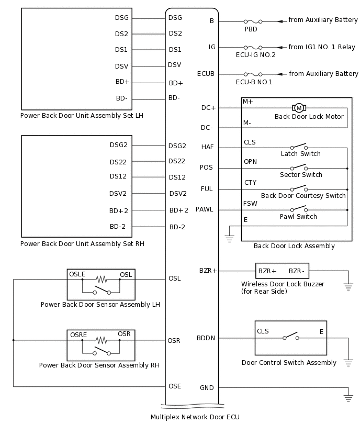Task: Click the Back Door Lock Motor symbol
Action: click(299, 108)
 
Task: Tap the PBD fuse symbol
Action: click(253, 21)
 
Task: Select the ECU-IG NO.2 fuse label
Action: click(255, 55)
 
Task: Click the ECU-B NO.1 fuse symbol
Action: click(253, 74)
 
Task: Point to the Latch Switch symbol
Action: click(299, 147)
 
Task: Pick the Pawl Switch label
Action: click(299, 217)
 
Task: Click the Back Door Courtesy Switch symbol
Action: click(299, 188)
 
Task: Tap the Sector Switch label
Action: click(301, 175)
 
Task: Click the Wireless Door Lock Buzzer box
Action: click(282, 271)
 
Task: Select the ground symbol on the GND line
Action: click(348, 397)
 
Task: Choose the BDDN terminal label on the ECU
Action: click(206, 338)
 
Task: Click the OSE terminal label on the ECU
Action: click(175, 386)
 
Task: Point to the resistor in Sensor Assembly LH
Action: click(101, 279)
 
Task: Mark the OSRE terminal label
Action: click(78, 334)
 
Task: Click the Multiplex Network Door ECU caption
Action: click(195, 417)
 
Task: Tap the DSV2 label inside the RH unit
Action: click(118, 194)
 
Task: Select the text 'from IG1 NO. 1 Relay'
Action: click(321, 47)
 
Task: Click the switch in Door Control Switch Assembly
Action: click(290, 337)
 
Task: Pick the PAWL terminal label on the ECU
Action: click(205, 210)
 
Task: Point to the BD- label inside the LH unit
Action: click(121, 98)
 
